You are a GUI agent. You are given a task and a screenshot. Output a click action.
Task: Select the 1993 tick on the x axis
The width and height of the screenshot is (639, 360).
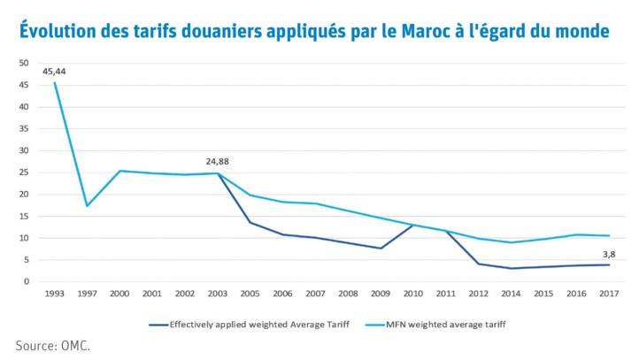55,293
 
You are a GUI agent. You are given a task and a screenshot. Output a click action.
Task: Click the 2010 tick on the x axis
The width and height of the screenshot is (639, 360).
413,293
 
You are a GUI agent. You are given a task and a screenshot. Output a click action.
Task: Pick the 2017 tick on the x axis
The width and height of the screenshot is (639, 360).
608,293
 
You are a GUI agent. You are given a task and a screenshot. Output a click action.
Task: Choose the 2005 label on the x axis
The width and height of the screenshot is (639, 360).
250,293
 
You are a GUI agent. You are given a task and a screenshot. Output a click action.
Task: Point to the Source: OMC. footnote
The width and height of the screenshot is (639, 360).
53,345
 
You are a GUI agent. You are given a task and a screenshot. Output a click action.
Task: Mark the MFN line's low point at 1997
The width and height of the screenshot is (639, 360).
87,206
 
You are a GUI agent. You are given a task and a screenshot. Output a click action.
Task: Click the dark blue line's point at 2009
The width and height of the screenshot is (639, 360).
381,248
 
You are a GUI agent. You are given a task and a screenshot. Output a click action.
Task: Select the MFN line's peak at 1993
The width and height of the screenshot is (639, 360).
55,83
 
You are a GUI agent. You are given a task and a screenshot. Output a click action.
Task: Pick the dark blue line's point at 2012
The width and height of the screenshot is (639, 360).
478,264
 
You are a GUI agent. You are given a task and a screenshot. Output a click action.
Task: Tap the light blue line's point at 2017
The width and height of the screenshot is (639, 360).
608,235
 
